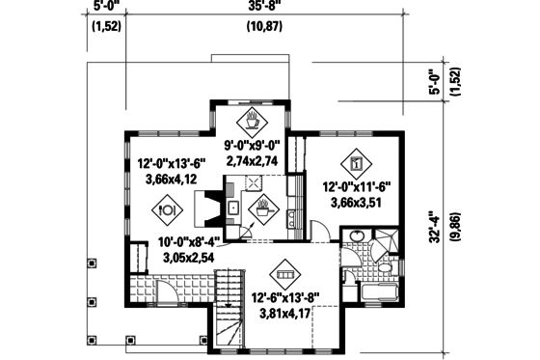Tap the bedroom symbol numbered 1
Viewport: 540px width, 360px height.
(356, 162)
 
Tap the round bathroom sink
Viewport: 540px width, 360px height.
(356, 236)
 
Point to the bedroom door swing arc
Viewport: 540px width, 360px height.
(317, 230)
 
